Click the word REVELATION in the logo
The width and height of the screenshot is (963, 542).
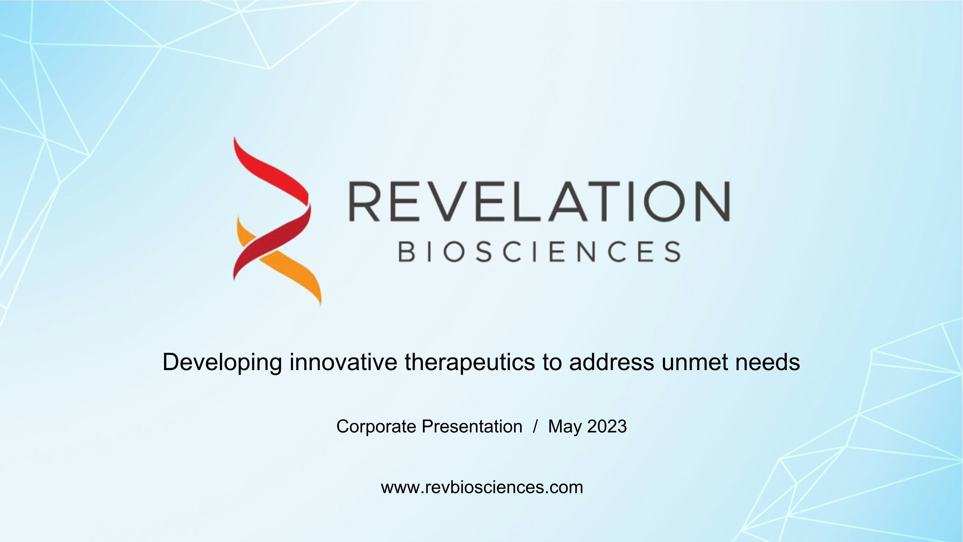click(539, 201)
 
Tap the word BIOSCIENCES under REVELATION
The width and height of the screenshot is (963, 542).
click(539, 251)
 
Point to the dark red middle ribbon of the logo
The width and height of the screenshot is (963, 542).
click(273, 239)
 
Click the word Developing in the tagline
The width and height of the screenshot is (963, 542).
click(222, 362)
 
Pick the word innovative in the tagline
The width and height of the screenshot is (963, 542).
click(343, 362)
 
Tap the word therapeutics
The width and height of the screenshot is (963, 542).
click(470, 362)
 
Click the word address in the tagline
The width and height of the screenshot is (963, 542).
click(612, 362)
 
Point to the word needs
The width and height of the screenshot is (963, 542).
click(768, 362)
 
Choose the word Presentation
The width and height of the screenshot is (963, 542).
click(472, 426)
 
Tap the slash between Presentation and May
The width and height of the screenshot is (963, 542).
click(536, 426)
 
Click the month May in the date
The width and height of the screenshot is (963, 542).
click(565, 426)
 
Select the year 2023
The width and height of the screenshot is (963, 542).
click(607, 426)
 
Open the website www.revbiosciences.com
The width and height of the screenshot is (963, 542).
click(482, 487)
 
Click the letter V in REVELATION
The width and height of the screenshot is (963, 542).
click(447, 201)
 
